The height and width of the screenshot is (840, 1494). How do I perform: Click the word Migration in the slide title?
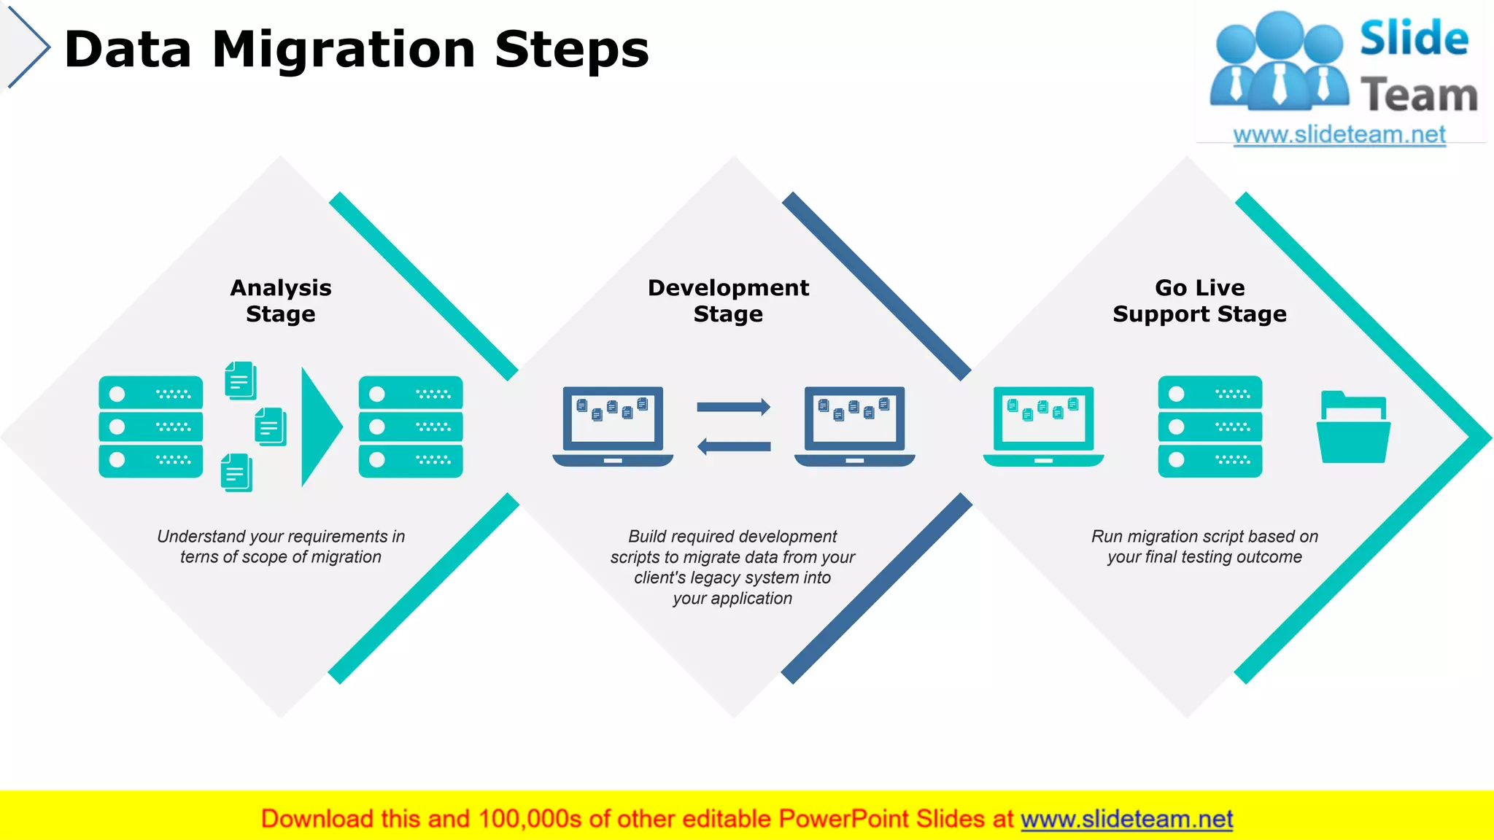pyautogui.click(x=344, y=50)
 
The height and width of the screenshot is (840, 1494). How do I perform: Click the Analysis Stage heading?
pyautogui.click(x=281, y=300)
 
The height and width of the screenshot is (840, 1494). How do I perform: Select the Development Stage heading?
pyautogui.click(x=728, y=300)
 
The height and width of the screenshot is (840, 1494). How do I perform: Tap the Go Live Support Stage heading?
pyautogui.click(x=1199, y=300)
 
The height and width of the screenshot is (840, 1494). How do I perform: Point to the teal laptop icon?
pyautogui.click(x=1043, y=427)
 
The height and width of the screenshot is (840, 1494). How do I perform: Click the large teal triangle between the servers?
pyautogui.click(x=319, y=427)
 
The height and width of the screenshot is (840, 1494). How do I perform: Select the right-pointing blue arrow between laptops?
pyautogui.click(x=733, y=407)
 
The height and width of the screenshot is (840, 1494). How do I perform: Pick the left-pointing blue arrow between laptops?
pyautogui.click(x=733, y=446)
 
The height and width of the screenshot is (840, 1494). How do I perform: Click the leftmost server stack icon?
pyautogui.click(x=150, y=427)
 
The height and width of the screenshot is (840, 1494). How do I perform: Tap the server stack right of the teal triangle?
pyautogui.click(x=410, y=427)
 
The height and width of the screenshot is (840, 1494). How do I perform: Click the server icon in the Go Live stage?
pyautogui.click(x=1209, y=427)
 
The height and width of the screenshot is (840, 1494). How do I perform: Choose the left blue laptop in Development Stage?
pyautogui.click(x=613, y=427)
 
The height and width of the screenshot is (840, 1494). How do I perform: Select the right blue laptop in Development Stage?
pyautogui.click(x=854, y=427)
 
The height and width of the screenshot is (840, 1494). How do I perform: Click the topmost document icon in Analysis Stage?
pyautogui.click(x=240, y=380)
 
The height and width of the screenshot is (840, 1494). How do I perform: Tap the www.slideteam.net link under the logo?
pyautogui.click(x=1339, y=135)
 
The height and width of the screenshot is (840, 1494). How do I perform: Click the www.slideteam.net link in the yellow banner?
pyautogui.click(x=1126, y=819)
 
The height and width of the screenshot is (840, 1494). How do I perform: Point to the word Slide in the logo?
pyautogui.click(x=1414, y=39)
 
